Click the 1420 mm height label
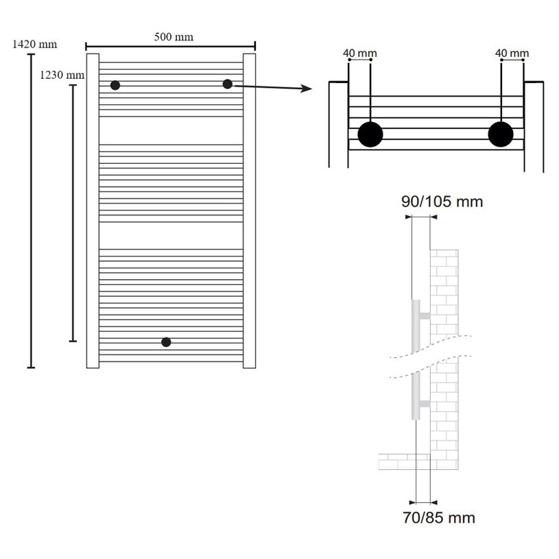pos(34,45)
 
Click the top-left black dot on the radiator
pos(115,85)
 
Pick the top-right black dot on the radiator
pos(227,84)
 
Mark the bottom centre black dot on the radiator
pos(165,342)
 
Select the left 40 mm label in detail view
pos(359,53)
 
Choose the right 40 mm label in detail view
pos(512,53)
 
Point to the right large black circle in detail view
pos(501,134)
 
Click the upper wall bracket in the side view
pos(425,316)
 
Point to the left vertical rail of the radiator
pos(93,209)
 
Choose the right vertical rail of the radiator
pos(249,209)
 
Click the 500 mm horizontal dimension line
pos(170,47)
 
